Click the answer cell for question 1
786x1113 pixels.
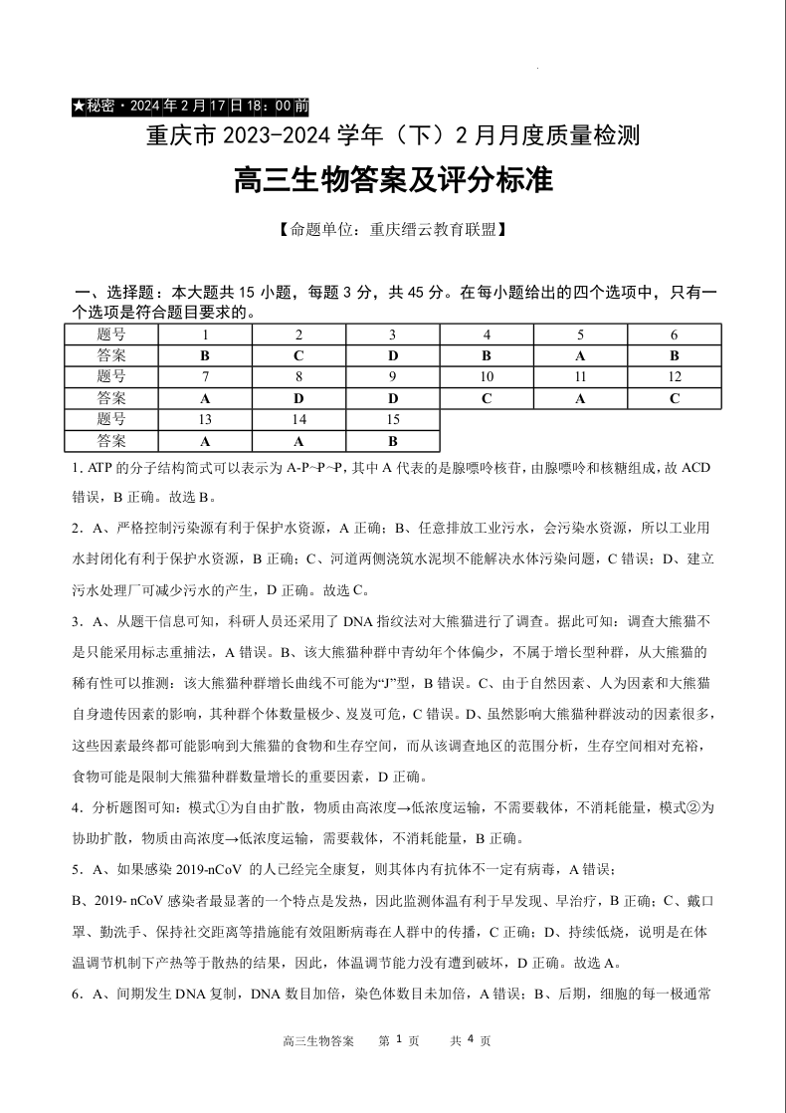[204, 355]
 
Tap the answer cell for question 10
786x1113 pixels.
[487, 398]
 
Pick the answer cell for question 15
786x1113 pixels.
[392, 441]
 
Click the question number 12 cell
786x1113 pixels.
[675, 377]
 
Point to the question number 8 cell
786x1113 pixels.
[298, 377]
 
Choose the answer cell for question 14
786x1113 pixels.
[298, 441]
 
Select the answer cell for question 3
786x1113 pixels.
[392, 355]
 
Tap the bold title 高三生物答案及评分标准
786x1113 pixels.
[392, 182]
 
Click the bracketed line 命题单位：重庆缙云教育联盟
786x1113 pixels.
[392, 230]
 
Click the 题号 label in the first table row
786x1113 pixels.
[111, 334]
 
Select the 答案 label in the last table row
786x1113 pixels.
[111, 441]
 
